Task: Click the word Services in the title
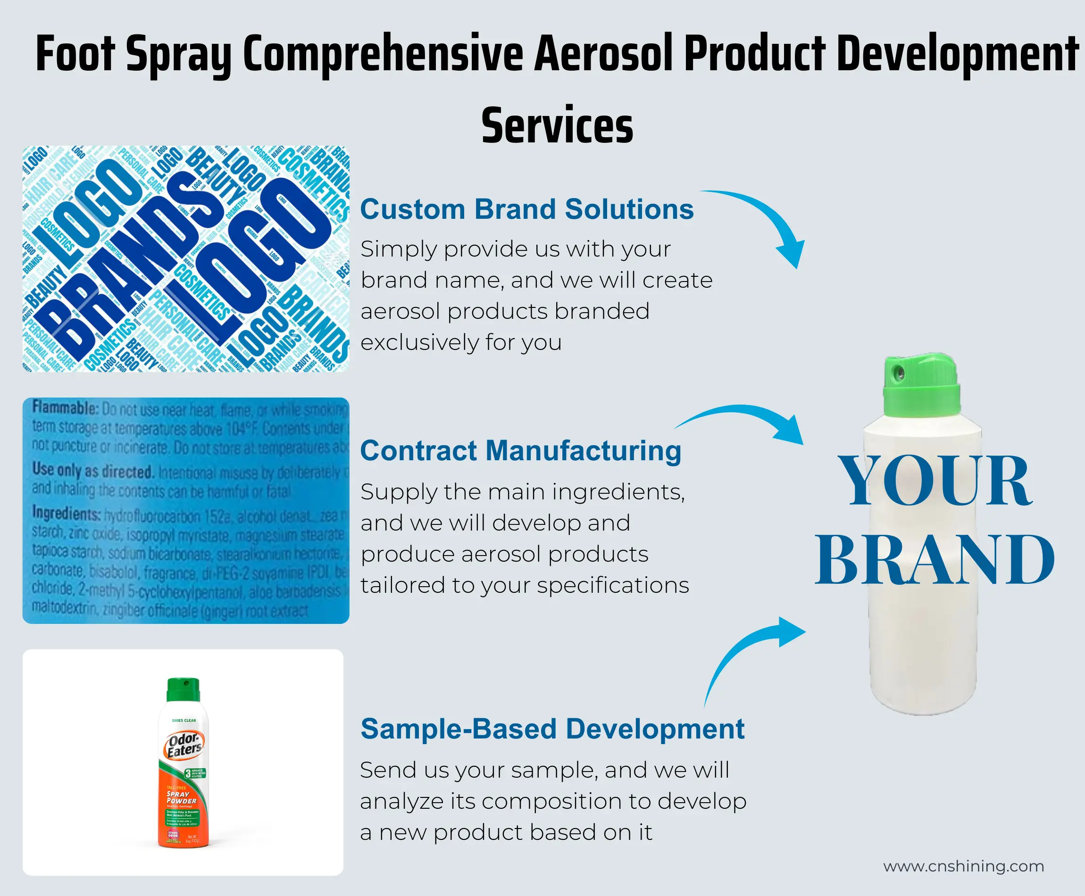point(557,125)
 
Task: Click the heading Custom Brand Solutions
point(526,209)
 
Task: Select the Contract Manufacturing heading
point(520,450)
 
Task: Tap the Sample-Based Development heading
point(552,729)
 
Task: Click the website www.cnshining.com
point(963,866)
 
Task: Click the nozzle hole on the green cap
point(900,372)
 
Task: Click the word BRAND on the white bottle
point(934,560)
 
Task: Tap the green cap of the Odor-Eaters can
point(183,689)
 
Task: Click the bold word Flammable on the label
point(65,408)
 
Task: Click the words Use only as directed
point(93,470)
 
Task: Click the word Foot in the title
point(75,54)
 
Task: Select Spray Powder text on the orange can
point(181,797)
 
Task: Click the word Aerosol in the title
point(604,54)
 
